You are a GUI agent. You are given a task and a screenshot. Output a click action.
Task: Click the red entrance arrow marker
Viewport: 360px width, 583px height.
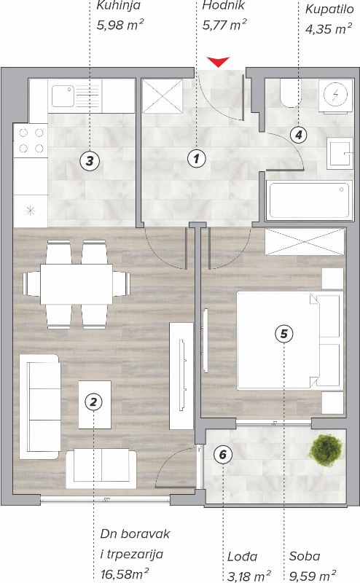coord(219,62)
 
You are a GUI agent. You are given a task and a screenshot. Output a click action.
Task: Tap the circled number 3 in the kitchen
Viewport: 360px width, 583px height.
coord(90,161)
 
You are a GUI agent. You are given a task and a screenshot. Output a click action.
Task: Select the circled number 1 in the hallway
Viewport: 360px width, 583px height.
coord(196,159)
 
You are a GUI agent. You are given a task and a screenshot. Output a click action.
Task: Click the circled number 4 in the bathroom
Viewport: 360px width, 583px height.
coord(299,135)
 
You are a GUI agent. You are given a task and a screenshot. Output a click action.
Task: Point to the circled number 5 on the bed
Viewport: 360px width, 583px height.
coord(283,334)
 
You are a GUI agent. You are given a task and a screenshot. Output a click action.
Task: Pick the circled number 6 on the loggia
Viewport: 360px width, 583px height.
coord(223,454)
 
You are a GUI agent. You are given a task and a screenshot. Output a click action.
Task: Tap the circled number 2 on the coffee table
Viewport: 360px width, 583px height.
coord(93,402)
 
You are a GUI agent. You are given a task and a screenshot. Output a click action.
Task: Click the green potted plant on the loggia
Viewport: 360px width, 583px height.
coord(326,450)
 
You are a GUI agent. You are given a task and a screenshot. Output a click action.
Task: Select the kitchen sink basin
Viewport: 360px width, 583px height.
coord(63,96)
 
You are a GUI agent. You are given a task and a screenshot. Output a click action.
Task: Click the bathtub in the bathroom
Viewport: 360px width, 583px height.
coord(309,200)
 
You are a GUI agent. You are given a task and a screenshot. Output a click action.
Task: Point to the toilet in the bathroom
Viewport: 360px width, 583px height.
coord(290,93)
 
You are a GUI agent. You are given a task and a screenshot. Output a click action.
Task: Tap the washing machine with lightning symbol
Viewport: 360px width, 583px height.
coord(335,95)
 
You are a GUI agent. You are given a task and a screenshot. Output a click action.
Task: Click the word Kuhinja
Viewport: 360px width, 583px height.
coord(119,6)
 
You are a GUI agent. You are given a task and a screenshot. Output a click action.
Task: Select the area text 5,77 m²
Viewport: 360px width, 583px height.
coord(224,25)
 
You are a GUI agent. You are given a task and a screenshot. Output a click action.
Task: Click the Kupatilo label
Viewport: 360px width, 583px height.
coord(329,9)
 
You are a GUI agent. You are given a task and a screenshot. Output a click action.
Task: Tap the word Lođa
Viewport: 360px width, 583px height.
coord(242,557)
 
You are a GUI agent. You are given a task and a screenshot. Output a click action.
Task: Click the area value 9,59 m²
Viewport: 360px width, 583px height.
coord(313,576)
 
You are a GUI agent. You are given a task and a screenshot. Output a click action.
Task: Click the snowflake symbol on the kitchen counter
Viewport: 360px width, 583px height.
coord(30,211)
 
